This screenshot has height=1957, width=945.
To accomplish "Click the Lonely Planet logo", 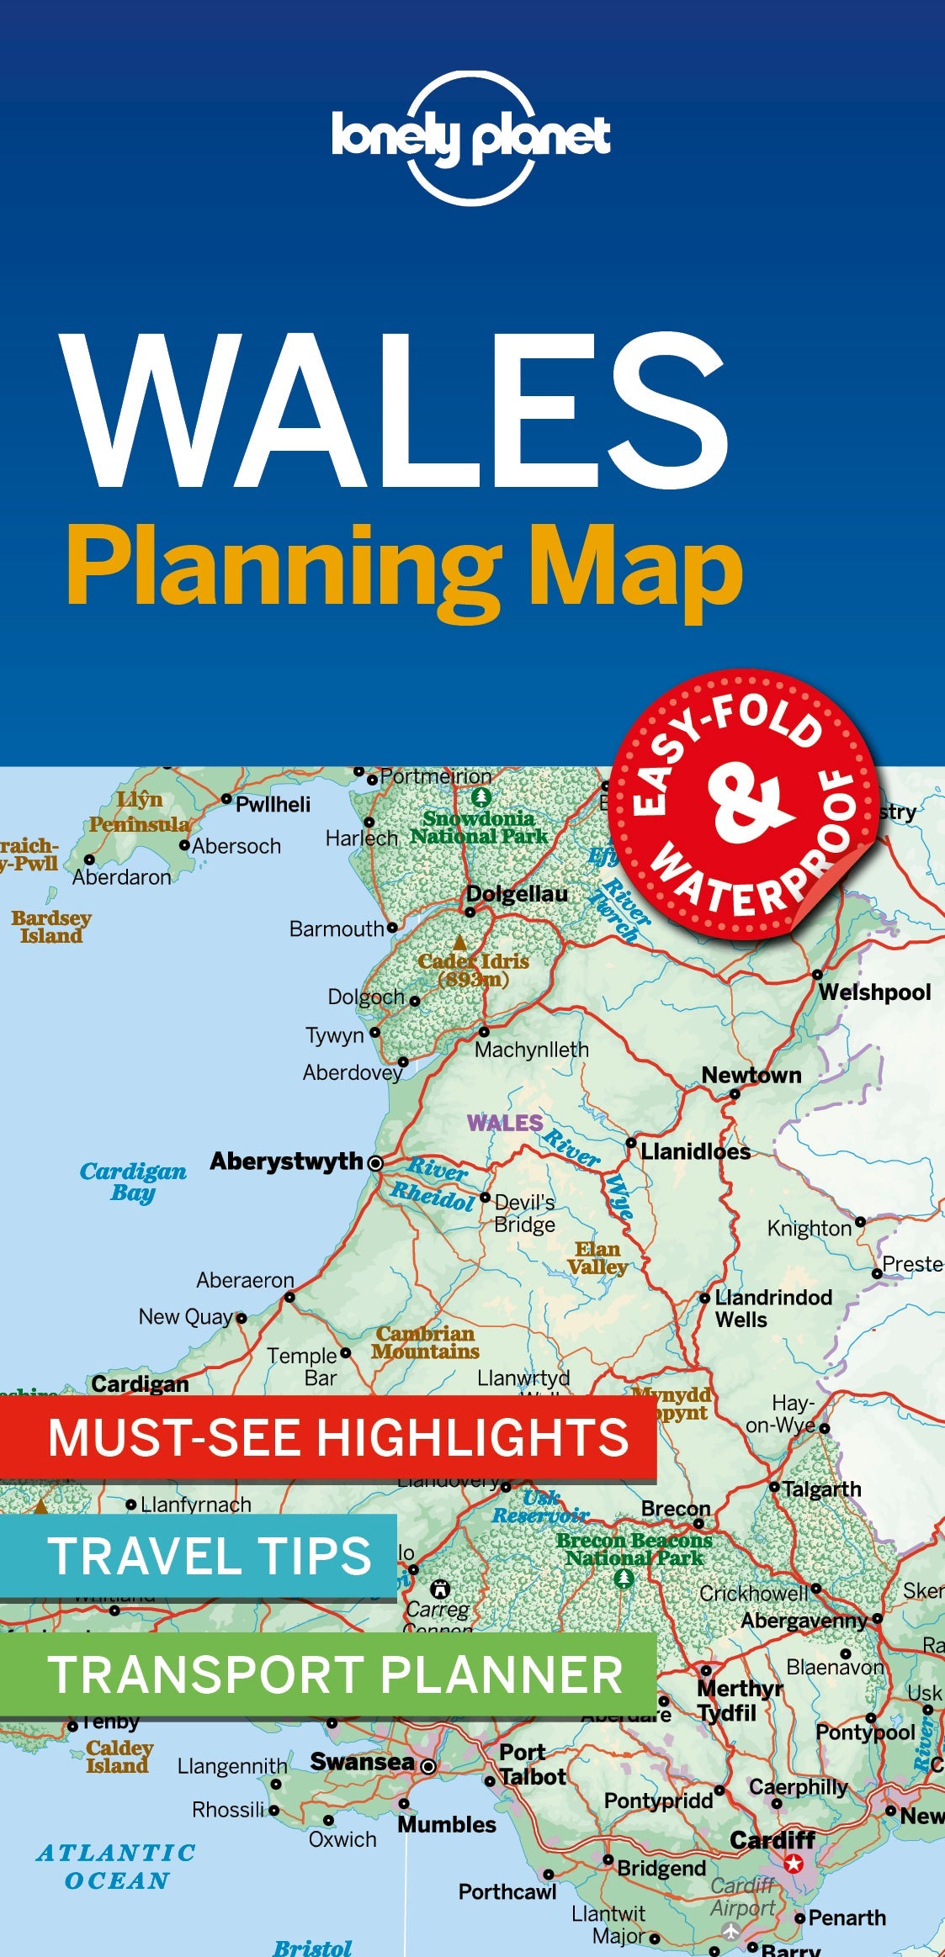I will pyautogui.click(x=470, y=138).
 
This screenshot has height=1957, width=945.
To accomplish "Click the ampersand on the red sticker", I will pyautogui.click(x=747, y=802).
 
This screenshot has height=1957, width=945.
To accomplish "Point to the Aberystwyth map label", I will pyautogui.click(x=286, y=1161).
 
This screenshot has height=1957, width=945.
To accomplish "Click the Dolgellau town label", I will pyautogui.click(x=517, y=894).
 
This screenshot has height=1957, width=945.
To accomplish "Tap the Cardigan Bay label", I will pyautogui.click(x=133, y=1182).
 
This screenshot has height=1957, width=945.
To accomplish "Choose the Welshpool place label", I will pyautogui.click(x=874, y=992).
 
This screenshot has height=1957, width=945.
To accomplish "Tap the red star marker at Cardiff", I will pyautogui.click(x=793, y=1864).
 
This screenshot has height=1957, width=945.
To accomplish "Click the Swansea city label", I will pyautogui.click(x=362, y=1761).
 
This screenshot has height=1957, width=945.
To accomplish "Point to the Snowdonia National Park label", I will pyautogui.click(x=479, y=828).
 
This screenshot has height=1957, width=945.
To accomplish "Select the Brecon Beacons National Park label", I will pyautogui.click(x=634, y=1549).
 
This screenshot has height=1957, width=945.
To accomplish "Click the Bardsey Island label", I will pyautogui.click(x=51, y=927).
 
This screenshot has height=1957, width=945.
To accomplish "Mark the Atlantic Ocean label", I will pyautogui.click(x=116, y=1866).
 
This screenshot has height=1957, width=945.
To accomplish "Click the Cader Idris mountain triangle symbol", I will pyautogui.click(x=459, y=942).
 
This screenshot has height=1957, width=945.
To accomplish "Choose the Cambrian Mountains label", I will pyautogui.click(x=425, y=1342).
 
